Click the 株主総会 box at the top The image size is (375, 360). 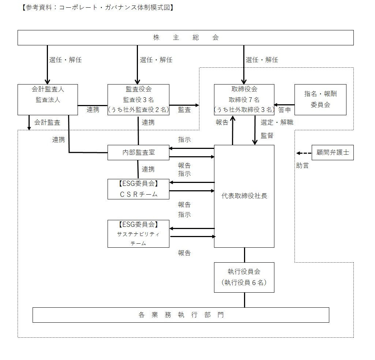click(185, 38)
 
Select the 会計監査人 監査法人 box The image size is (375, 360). click(48, 100)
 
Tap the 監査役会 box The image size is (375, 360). click(138, 100)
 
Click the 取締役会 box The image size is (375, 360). click(244, 100)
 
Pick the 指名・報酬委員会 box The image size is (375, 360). click(320, 100)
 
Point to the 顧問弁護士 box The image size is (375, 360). click(333, 153)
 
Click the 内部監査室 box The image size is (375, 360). click(138, 153)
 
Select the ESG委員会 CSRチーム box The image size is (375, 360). click(138, 189)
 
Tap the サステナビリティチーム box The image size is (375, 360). click(138, 233)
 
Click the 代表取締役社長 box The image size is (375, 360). click(244, 196)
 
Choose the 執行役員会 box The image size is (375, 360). click(244, 277)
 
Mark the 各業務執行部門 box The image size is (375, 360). click(181, 315)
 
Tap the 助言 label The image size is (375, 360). click(302, 166)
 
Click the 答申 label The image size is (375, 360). click(284, 109)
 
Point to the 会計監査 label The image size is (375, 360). click(47, 122)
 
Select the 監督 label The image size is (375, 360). click(267, 135)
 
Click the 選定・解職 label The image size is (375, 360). click(277, 122)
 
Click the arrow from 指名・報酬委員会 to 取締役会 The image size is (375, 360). click(285, 105)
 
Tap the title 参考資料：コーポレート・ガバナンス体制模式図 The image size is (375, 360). click(97, 8)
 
